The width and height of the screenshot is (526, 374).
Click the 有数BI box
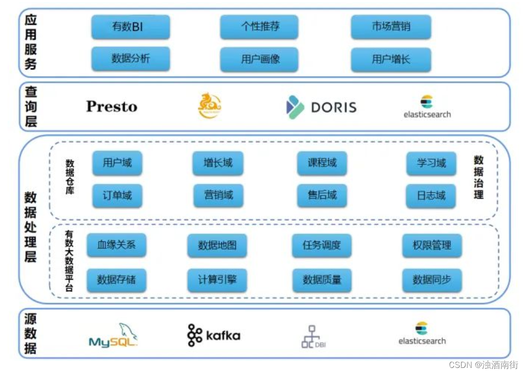pyautogui.click(x=130, y=27)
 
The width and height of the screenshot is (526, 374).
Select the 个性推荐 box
pyautogui.click(x=259, y=27)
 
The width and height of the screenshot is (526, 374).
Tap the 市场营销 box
pyautogui.click(x=391, y=27)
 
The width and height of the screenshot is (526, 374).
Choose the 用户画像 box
pyautogui.click(x=259, y=59)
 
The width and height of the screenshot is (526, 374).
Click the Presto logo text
pyautogui.click(x=112, y=107)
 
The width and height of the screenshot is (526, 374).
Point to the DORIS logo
pyautogui.click(x=321, y=107)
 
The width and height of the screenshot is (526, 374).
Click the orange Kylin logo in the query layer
pyautogui.click(x=209, y=106)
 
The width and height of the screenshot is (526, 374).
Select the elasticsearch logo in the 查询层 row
pyautogui.click(x=427, y=107)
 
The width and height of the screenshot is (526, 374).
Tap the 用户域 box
pyautogui.click(x=117, y=163)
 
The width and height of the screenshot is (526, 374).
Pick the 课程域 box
pyautogui.click(x=322, y=163)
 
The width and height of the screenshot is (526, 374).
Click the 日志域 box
pyautogui.click(x=431, y=196)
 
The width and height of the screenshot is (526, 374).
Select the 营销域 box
pyautogui.click(x=219, y=196)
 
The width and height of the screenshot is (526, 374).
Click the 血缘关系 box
pyautogui.click(x=117, y=245)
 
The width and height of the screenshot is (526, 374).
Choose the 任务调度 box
pyautogui.click(x=322, y=245)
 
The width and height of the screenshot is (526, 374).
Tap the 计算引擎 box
pyautogui.click(x=217, y=280)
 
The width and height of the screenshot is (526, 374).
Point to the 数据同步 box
pyautogui.click(x=432, y=280)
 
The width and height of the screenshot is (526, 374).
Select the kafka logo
pyautogui.click(x=214, y=335)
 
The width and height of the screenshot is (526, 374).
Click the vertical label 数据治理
pyautogui.click(x=478, y=177)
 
